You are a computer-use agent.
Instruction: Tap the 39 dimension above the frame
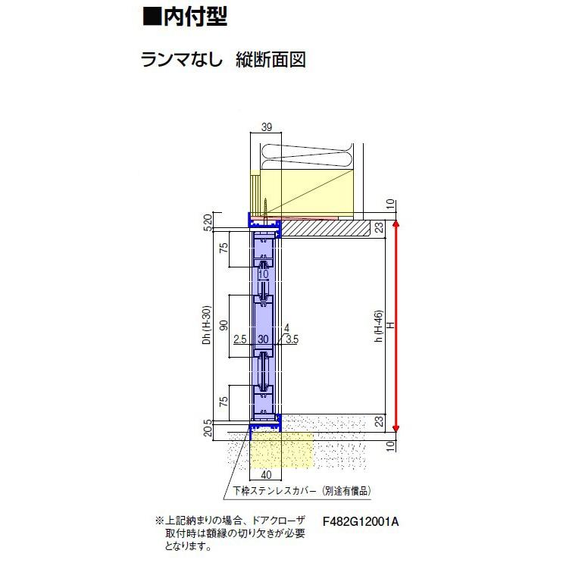[266, 128]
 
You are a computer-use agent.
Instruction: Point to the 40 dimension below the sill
[266, 474]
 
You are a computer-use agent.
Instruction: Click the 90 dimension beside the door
[224, 324]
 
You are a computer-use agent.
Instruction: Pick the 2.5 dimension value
[239, 340]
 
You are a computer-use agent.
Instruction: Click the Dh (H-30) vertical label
[206, 326]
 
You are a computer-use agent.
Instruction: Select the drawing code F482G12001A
[360, 521]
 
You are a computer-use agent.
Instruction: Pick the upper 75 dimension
[224, 251]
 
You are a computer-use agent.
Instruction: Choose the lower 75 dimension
[224, 402]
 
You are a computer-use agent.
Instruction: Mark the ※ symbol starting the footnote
[159, 521]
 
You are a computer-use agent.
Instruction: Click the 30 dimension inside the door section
[263, 340]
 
